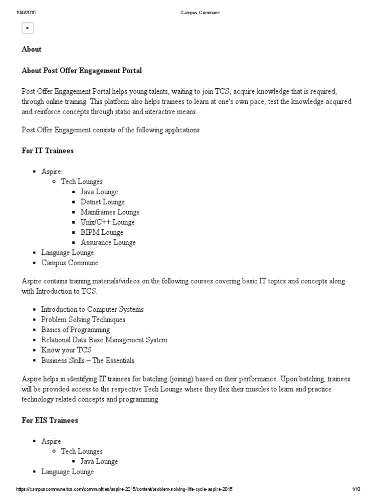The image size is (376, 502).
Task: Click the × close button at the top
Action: [27, 28]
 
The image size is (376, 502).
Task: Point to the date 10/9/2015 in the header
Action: [24, 13]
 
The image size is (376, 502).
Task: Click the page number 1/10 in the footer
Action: [356, 489]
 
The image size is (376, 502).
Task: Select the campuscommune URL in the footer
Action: [124, 489]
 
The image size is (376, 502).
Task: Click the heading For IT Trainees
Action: [47, 151]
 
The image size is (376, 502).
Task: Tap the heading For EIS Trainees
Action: [49, 420]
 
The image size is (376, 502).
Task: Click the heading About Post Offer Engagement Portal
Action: [82, 71]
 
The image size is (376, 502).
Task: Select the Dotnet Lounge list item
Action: [102, 202]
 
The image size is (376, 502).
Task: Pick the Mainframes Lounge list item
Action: [110, 212]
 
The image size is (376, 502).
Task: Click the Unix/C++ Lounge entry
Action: [107, 222]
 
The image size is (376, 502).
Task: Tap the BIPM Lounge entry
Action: [101, 232]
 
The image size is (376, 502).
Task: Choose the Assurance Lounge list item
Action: [108, 243]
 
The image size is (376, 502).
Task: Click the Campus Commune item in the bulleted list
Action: [70, 263]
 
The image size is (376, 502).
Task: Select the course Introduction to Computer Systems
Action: [92, 309]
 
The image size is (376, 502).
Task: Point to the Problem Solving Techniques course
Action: [83, 320]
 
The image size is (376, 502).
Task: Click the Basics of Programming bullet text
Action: [75, 330]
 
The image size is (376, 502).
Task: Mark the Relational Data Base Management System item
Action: [104, 340]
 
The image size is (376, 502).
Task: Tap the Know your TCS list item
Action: [66, 350]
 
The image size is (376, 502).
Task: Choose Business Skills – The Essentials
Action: [87, 360]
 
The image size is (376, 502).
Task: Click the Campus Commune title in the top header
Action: [200, 13]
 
